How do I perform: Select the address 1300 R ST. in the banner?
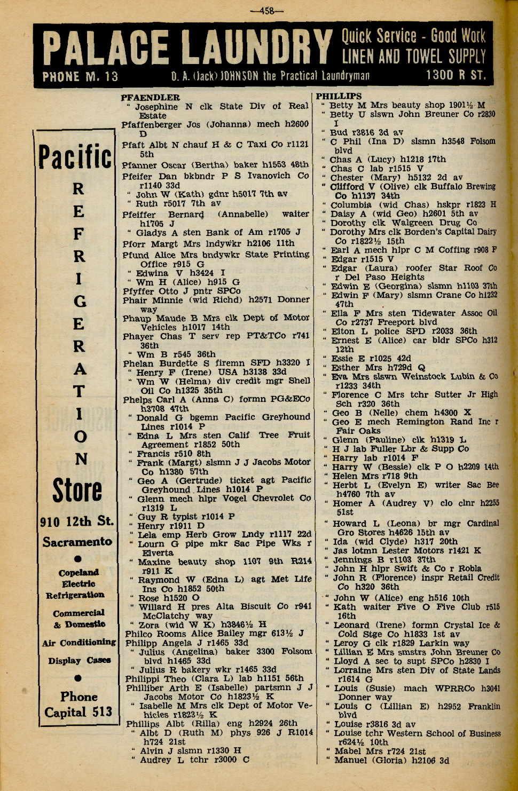[456, 75]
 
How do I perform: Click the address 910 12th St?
[77, 521]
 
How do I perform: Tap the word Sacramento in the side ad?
[77, 542]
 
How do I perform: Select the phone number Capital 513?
[79, 713]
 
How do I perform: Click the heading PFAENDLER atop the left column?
[150, 98]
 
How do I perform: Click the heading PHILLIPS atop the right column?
[339, 96]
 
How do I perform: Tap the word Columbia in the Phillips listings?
[350, 204]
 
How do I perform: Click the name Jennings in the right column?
[352, 560]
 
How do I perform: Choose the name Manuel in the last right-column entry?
[350, 760]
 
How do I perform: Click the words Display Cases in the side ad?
[80, 661]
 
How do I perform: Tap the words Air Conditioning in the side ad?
[79, 643]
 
